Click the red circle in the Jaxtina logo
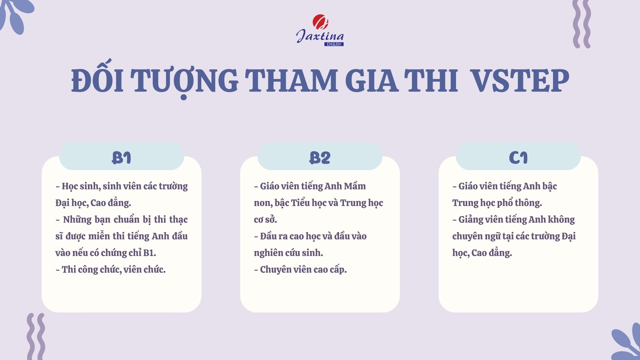tap(320, 22)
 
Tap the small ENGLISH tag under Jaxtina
tap(334, 44)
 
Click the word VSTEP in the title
tap(520, 81)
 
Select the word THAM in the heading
tap(291, 81)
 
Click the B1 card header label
tap(121, 158)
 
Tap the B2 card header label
tap(320, 158)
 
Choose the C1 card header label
tap(518, 158)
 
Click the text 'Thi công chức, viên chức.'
tap(114, 269)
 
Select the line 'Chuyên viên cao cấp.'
tap(303, 269)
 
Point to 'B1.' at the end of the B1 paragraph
tap(149, 253)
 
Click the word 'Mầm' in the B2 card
tap(355, 186)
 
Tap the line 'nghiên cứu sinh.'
tap(288, 253)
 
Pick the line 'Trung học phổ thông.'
tap(497, 203)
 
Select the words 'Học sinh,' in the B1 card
tap(81, 186)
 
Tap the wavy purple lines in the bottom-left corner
tap(36, 336)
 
